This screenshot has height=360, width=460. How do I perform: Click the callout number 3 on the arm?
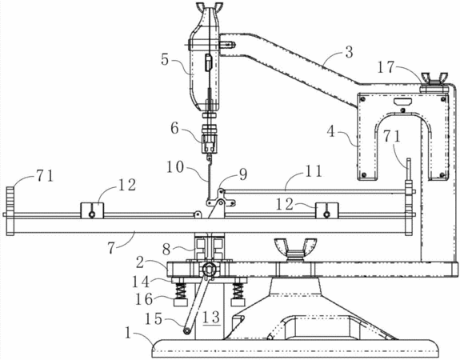[x=349, y=52]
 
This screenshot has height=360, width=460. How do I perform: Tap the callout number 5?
[x=165, y=59]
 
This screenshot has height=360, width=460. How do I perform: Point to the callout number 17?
[x=386, y=67]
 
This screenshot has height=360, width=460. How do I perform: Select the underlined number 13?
[x=212, y=318]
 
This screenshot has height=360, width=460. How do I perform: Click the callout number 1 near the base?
[x=128, y=334]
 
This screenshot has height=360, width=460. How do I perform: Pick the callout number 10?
[x=175, y=167]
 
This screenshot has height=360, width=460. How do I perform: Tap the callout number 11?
[x=314, y=171]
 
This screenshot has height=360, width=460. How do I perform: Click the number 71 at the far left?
[x=45, y=175]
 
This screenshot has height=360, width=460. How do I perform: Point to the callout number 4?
[x=331, y=131]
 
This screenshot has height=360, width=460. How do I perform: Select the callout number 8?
[x=166, y=250]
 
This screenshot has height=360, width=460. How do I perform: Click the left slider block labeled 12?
[x=92, y=210]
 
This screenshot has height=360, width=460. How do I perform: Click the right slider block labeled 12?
[x=327, y=210]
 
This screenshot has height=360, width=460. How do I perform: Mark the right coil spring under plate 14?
[x=238, y=291]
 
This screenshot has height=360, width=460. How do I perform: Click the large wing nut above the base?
[x=295, y=250]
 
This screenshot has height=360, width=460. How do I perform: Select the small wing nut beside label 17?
[x=434, y=80]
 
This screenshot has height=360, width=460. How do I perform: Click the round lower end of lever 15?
[x=186, y=331]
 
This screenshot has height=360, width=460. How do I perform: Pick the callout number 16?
[x=144, y=299]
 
